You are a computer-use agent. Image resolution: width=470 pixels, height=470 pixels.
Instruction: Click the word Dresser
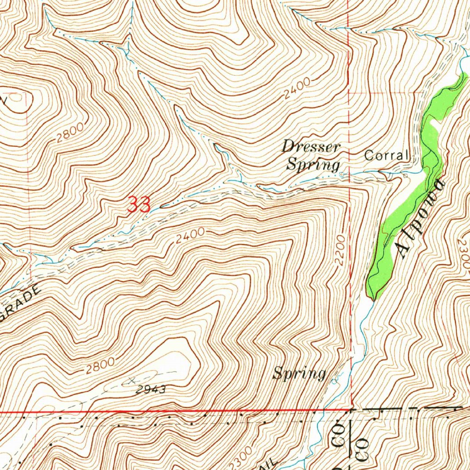[x=311, y=147]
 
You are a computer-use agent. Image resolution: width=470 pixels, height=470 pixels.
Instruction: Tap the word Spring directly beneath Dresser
[x=313, y=164]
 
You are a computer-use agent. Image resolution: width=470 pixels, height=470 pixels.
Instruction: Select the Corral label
[x=386, y=156]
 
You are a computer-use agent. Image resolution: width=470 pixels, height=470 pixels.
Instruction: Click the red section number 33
[x=139, y=205]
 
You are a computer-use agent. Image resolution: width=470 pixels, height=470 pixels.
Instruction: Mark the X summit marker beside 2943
[x=132, y=380]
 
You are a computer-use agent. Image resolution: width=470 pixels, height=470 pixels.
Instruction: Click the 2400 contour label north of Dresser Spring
[x=297, y=89]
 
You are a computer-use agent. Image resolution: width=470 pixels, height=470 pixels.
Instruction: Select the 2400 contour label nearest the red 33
[x=190, y=235]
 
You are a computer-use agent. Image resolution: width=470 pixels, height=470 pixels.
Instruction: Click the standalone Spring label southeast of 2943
[x=299, y=373]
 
